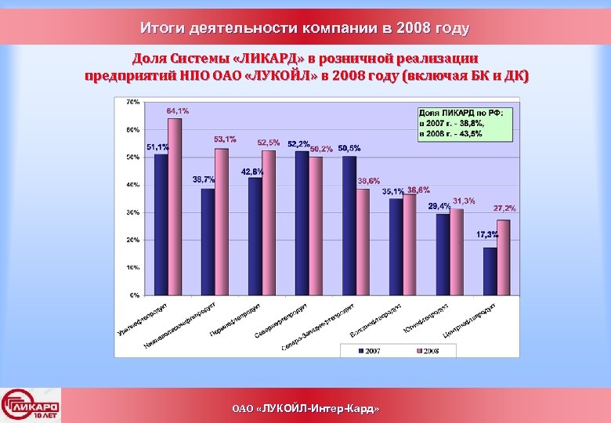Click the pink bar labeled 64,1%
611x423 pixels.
(x=175, y=207)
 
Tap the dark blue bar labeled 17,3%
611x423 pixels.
(x=490, y=271)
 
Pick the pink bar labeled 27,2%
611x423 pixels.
(x=504, y=258)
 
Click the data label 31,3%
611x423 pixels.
(x=463, y=201)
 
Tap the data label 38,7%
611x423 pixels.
(x=204, y=179)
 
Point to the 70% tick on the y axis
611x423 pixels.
(x=133, y=102)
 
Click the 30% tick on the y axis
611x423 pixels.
(x=133, y=212)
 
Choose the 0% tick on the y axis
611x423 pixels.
(x=135, y=295)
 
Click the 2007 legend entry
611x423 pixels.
(x=369, y=351)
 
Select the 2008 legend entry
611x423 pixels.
(x=428, y=351)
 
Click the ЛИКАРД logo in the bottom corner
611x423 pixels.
(x=31, y=405)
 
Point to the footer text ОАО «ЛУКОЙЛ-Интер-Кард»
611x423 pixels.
(x=305, y=409)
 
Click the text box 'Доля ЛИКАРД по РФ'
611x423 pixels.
(x=465, y=124)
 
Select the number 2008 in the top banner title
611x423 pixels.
(x=413, y=29)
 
